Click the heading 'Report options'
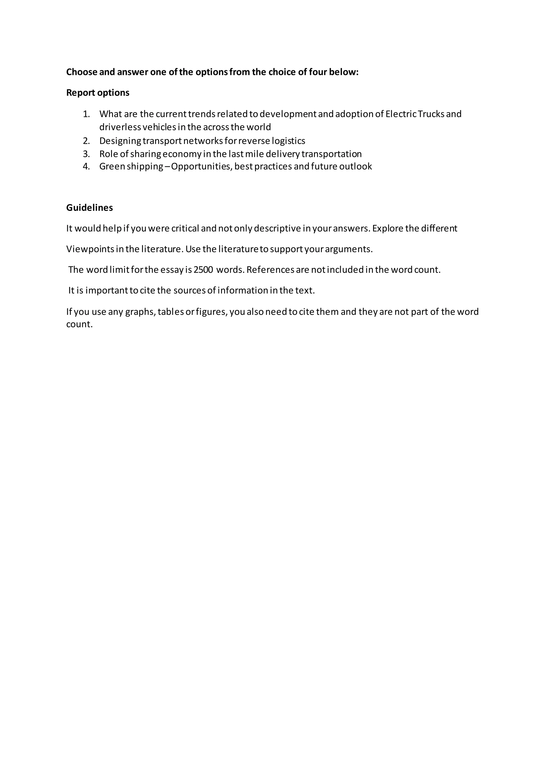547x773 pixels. tap(98, 93)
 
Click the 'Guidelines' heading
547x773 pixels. tap(89, 208)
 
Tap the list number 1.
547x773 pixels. tap(86, 114)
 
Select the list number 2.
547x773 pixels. tap(86, 141)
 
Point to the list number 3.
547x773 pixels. tap(86, 154)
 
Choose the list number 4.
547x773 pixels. tap(86, 166)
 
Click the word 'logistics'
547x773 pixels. tap(289, 141)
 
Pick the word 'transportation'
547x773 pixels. tap(331, 154)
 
